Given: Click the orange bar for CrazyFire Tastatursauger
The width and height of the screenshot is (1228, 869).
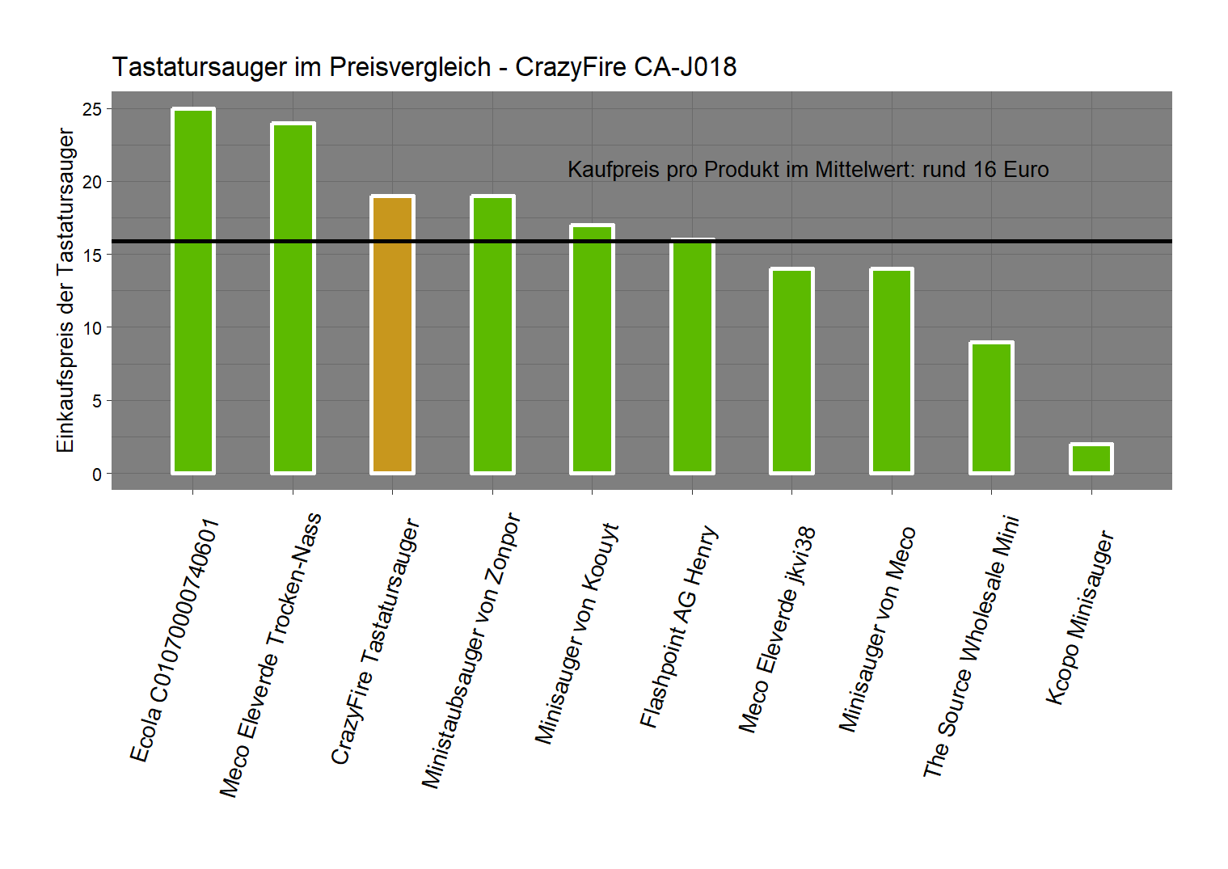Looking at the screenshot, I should click(x=392, y=334).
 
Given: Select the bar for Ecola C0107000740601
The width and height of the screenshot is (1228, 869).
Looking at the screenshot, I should click(x=192, y=291).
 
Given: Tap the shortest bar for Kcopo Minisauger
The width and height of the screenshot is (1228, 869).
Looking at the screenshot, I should click(x=1091, y=458).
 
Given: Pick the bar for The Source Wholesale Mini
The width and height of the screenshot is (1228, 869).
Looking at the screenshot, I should click(x=991, y=407).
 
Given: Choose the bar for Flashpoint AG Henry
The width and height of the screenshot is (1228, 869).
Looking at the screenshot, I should click(x=692, y=356).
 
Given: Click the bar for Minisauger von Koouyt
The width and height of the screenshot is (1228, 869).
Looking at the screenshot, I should click(x=592, y=349).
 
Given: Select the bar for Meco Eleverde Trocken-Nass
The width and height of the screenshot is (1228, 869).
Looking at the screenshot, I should click(x=293, y=298).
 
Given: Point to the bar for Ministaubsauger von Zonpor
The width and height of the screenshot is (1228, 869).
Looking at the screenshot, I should click(x=492, y=334).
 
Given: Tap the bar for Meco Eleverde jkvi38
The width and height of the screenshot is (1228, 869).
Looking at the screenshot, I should click(x=791, y=371).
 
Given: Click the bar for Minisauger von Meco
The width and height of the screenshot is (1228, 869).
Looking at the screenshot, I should click(x=892, y=371).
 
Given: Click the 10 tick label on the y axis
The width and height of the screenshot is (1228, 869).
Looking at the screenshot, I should click(x=92, y=328).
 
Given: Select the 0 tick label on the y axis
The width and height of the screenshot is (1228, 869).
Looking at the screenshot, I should click(x=97, y=475).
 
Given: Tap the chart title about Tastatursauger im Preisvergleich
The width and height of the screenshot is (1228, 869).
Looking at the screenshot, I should click(x=424, y=66).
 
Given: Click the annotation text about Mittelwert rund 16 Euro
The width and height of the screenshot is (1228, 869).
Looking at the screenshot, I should click(x=808, y=170).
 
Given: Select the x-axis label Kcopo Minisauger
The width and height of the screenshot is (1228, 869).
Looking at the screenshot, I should click(x=1080, y=618).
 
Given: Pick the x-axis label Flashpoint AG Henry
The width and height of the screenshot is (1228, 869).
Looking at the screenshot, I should click(x=678, y=627).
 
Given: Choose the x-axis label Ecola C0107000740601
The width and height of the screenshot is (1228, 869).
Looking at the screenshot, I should click(x=175, y=641).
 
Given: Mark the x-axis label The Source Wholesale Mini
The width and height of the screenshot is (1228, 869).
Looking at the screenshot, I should click(x=971, y=647).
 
